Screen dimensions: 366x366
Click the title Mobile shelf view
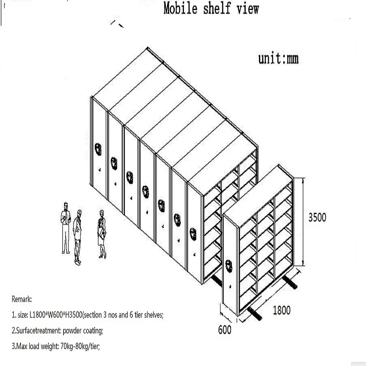pyautogui.click(x=211, y=9)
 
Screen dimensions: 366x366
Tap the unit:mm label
pyautogui.click(x=278, y=59)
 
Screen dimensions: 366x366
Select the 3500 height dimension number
pyautogui.click(x=317, y=217)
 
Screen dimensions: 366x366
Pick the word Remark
pyautogui.click(x=22, y=300)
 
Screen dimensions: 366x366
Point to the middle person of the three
pyautogui.click(x=78, y=236)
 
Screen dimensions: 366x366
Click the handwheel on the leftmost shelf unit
pyautogui.click(x=98, y=148)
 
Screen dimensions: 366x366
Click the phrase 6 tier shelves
pyautogui.click(x=146, y=315)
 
